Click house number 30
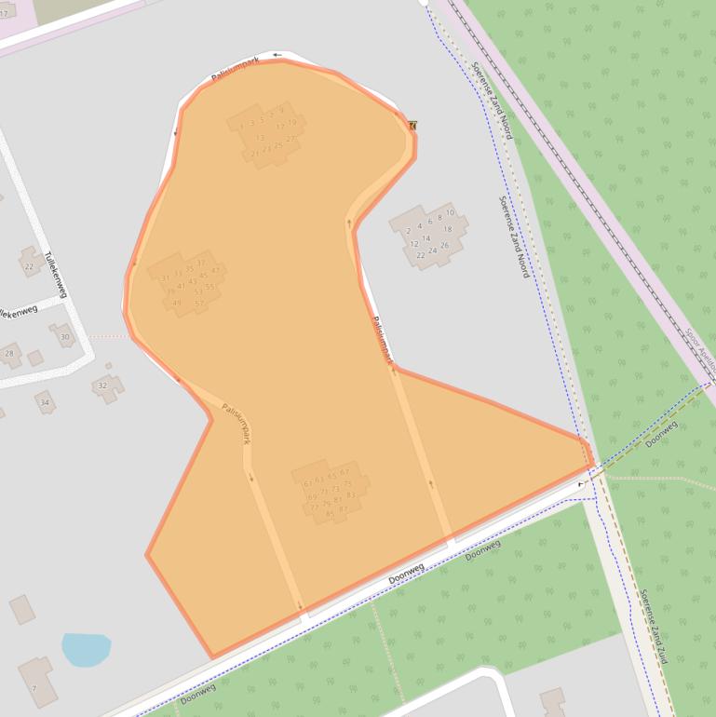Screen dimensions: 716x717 tap(64, 336)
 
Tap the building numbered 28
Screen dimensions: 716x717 tap(10, 354)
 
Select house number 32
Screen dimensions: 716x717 tap(102, 386)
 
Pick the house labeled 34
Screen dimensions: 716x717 tap(44, 402)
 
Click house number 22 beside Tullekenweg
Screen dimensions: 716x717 tap(29, 266)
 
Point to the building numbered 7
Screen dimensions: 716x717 tap(34, 688)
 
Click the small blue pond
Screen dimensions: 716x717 tap(86, 649)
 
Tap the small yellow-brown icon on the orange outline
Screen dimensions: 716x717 tap(412, 125)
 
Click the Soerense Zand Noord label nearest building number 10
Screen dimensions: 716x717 tap(513, 236)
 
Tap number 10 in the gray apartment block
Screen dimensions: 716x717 tap(450, 213)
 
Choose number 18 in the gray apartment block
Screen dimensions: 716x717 tap(447, 229)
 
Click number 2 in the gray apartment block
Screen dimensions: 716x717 tap(409, 230)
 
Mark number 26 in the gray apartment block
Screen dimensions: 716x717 tap(444, 245)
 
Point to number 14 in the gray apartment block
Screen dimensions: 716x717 tap(426, 238)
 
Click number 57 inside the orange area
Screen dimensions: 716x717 tap(199, 303)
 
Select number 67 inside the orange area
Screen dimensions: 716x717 tap(344, 472)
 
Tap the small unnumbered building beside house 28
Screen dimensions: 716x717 tap(34, 358)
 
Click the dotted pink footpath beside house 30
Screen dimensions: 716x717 tap(109, 336)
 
